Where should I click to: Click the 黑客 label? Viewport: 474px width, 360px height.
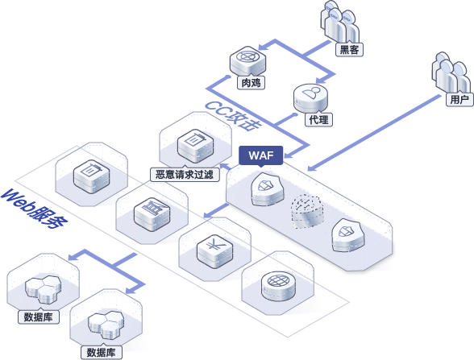[349, 50]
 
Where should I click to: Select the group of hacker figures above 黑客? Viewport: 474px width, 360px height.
[340, 22]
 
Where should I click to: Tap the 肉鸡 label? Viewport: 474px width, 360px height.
[251, 82]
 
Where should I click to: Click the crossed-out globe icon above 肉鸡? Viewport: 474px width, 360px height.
[248, 60]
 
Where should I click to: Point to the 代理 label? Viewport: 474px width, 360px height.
[318, 119]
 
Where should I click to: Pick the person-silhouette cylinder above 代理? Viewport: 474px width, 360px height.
[311, 98]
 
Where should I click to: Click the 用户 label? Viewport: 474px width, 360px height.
[459, 99]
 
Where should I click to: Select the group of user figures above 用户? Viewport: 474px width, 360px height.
[451, 73]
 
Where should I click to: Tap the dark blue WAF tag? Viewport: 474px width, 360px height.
[261, 156]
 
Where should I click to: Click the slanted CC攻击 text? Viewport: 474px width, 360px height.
[232, 116]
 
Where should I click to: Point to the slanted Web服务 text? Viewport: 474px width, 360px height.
[34, 209]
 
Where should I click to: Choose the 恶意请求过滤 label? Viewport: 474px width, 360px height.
[185, 175]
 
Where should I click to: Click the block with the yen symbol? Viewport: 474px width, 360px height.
[215, 251]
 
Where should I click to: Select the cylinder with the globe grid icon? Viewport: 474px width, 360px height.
[278, 286]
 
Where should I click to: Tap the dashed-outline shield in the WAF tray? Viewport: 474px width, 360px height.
[307, 212]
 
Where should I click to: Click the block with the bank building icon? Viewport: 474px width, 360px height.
[152, 215]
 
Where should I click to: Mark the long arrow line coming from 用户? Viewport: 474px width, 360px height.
[374, 133]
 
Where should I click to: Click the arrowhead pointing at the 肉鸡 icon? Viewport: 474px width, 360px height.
[263, 47]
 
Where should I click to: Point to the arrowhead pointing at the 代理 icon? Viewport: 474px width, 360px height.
[321, 81]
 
